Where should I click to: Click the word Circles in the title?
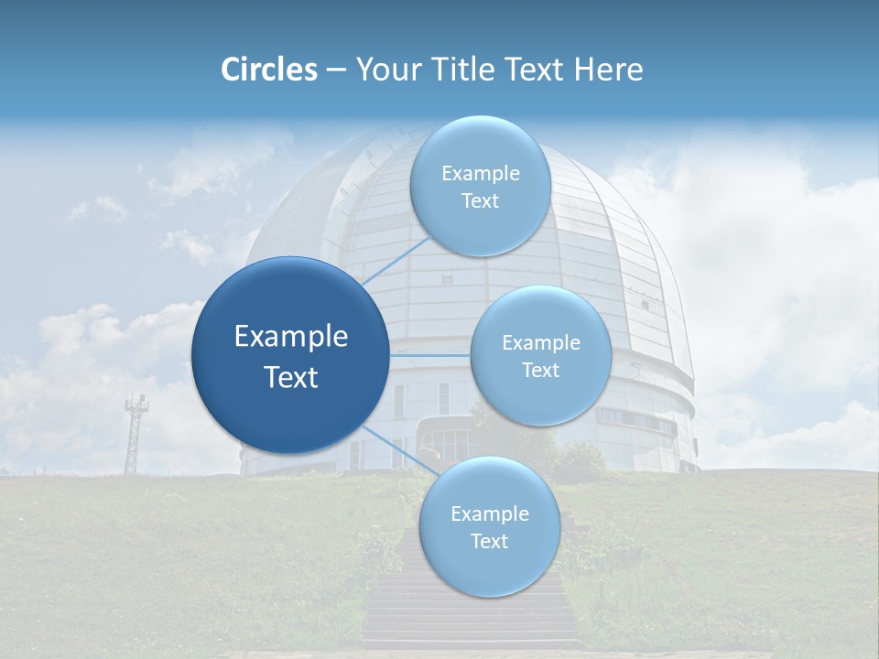(268, 70)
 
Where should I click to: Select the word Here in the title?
(608, 70)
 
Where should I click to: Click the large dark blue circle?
(289, 355)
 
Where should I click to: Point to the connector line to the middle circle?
(430, 355)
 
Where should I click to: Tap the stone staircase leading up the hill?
(472, 613)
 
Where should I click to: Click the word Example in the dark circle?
(291, 337)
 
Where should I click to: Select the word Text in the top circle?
(480, 201)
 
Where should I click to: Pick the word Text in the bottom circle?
(489, 541)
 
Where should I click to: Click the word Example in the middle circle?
(541, 342)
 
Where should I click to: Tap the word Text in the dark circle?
(291, 377)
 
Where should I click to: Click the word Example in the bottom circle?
(490, 513)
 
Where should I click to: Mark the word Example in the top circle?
(481, 174)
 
